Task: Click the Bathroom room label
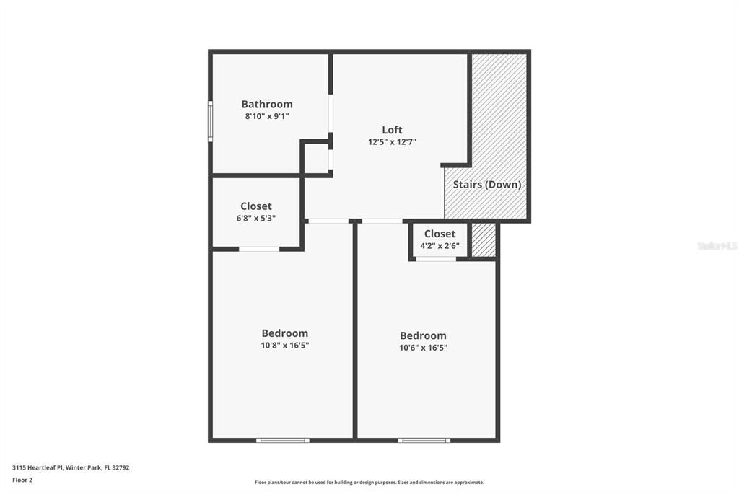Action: point(267,104)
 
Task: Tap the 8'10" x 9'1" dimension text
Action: point(267,116)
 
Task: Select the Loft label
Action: point(392,130)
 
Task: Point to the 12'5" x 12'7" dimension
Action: point(392,142)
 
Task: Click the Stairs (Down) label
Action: point(487,185)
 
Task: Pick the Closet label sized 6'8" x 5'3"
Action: point(256,206)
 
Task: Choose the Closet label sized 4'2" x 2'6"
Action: point(440,234)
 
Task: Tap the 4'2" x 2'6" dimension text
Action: point(440,245)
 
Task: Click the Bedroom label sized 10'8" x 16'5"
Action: point(284,333)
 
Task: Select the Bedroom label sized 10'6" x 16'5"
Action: point(423,335)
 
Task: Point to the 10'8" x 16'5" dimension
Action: point(284,346)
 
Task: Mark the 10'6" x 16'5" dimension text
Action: point(423,348)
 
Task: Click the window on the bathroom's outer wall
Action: point(210,120)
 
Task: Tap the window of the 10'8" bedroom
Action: point(283,440)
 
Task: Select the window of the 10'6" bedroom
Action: point(424,440)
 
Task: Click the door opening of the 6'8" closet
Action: point(259,249)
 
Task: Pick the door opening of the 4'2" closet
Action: point(436,258)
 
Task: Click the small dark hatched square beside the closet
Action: point(484,240)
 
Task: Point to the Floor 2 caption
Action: point(22,480)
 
